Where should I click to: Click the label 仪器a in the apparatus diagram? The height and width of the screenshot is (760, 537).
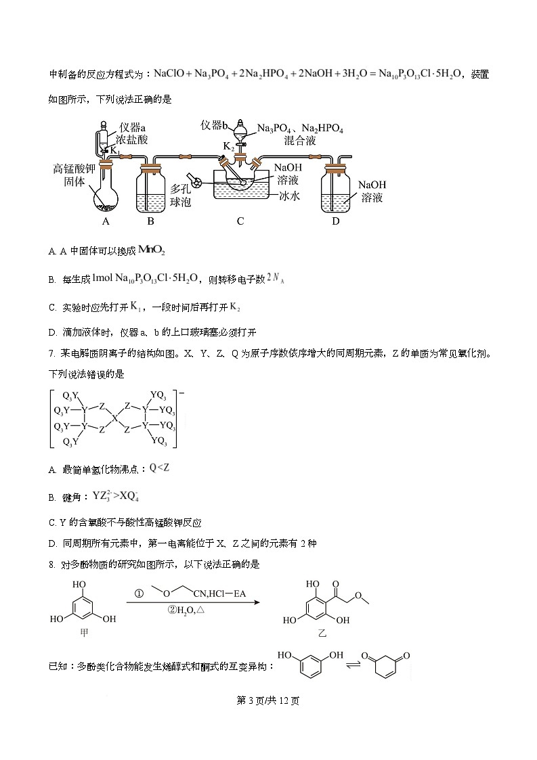pos(133,127)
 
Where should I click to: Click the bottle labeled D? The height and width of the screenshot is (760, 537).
pos(336,189)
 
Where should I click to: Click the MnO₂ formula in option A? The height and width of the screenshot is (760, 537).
pos(151,250)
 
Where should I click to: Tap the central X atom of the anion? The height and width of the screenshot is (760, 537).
pos(114,418)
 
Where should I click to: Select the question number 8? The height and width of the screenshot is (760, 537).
pos(51,564)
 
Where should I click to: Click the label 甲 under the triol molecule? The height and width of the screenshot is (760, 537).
pos(84,633)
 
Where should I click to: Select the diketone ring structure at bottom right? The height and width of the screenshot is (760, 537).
pos(385,667)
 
